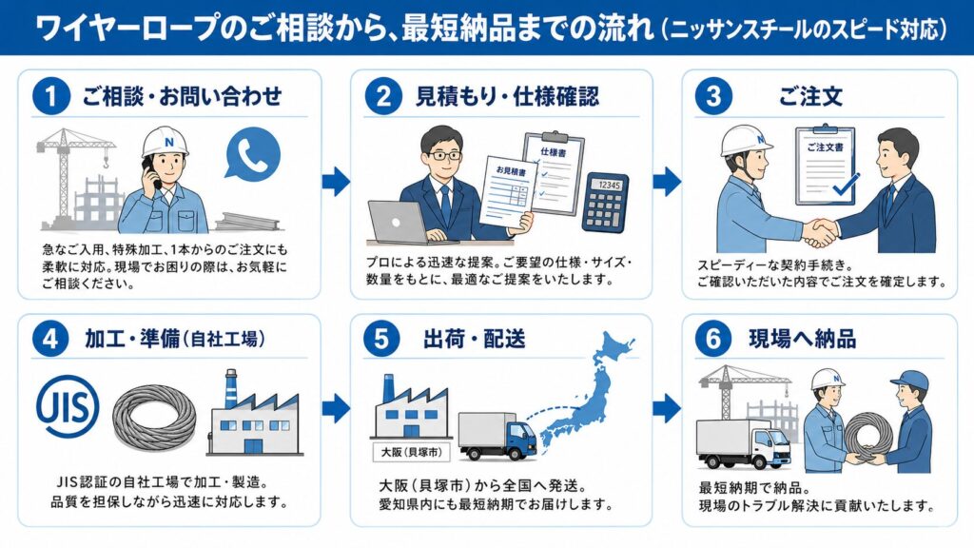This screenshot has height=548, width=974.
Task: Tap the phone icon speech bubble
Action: click(x=252, y=152)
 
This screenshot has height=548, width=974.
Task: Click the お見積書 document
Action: click(x=504, y=196)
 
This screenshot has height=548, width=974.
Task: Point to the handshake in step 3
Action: click(x=819, y=231)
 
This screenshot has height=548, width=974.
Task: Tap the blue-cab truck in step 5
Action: click(x=498, y=435)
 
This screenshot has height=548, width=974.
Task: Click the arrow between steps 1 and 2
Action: click(x=336, y=181)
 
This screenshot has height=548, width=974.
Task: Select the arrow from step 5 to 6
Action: click(x=667, y=409)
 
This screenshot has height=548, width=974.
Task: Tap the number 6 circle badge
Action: click(x=713, y=340)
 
